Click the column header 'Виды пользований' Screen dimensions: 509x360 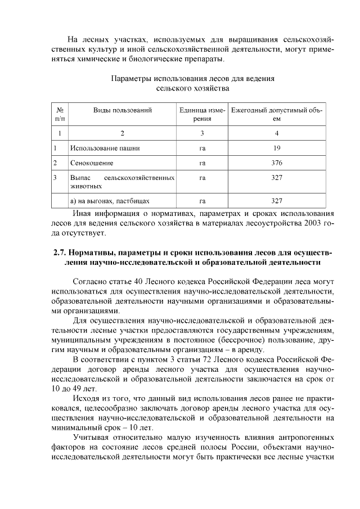(122, 110)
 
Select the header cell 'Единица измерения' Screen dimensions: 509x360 (202, 115)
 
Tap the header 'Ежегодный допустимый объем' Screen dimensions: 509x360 (277, 115)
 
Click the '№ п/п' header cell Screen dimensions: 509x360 (60, 115)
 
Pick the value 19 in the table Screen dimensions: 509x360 (277, 148)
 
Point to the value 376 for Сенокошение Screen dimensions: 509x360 (277, 163)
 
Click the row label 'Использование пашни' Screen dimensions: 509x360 (105, 148)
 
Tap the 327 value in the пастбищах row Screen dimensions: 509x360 (277, 200)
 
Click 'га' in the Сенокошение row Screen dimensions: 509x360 (202, 163)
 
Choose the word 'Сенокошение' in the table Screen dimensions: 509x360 (92, 163)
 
